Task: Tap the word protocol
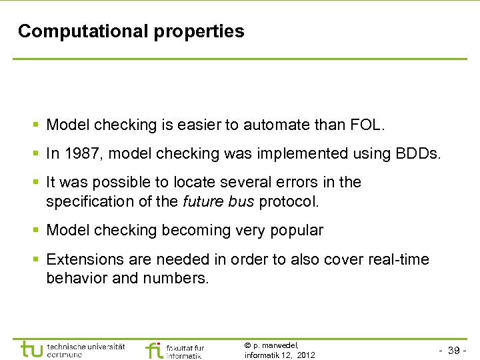click(291, 201)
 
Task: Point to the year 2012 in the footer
click(305, 355)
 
